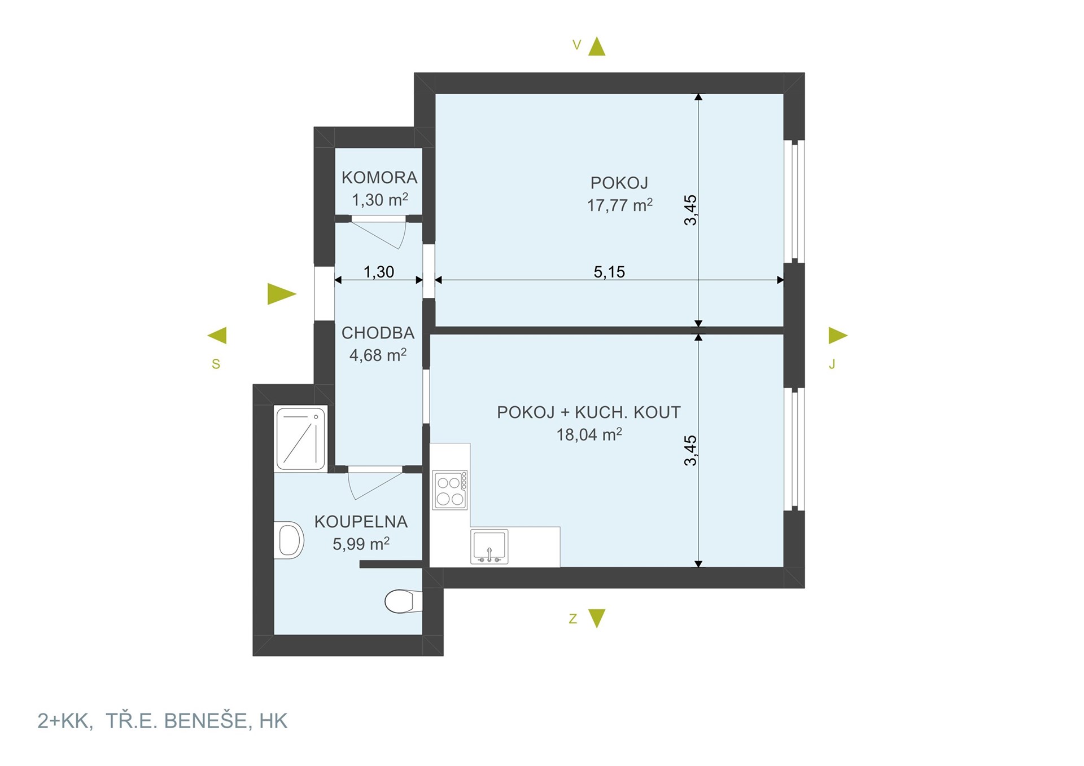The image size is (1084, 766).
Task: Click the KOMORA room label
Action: tap(379, 178)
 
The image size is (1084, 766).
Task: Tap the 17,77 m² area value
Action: tap(620, 205)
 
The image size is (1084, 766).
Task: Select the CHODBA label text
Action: tap(378, 333)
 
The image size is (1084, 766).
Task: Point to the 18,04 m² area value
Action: tap(589, 434)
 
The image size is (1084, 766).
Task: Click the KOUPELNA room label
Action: tap(361, 522)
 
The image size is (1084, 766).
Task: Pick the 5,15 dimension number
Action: tap(609, 272)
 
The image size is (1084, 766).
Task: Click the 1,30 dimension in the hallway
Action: tap(379, 272)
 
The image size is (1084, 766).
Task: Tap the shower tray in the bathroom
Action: tap(301, 438)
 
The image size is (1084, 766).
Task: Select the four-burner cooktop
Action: tap(450, 490)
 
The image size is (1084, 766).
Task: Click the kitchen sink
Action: tap(489, 546)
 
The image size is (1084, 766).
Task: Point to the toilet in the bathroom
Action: tap(403, 601)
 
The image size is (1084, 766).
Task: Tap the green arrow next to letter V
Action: tap(597, 46)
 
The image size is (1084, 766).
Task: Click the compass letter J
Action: tap(832, 364)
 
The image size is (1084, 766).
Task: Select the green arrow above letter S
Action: tap(217, 336)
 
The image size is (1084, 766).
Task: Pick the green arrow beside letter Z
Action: tap(597, 618)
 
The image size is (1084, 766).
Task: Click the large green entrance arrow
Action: tap(282, 294)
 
